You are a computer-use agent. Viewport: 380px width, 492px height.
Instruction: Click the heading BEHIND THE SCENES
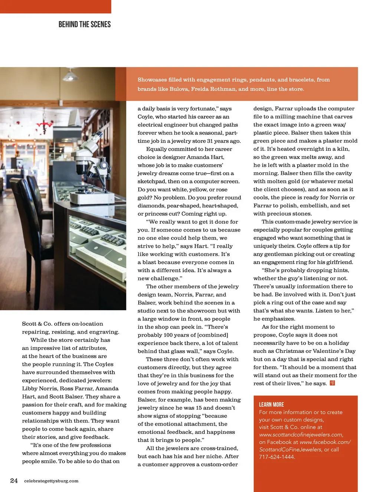point(85,24)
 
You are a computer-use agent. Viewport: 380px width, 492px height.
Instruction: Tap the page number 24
point(14,480)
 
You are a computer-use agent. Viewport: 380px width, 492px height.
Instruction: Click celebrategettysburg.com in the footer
point(51,481)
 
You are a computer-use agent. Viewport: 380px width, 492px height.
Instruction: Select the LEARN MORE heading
point(271,404)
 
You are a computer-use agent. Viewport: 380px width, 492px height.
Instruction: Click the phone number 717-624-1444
point(276,457)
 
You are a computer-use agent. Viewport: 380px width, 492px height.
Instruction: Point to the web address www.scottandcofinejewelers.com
point(301,434)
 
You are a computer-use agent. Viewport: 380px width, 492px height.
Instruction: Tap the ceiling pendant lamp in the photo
point(70,75)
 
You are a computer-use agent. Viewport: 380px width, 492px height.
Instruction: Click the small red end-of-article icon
point(332,383)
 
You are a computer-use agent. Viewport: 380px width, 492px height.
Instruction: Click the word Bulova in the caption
point(179,89)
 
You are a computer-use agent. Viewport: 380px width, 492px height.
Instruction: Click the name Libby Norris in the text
point(39,388)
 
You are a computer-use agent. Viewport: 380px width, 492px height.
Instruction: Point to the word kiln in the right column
point(343,149)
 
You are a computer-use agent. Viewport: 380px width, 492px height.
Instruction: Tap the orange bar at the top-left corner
point(55,6)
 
